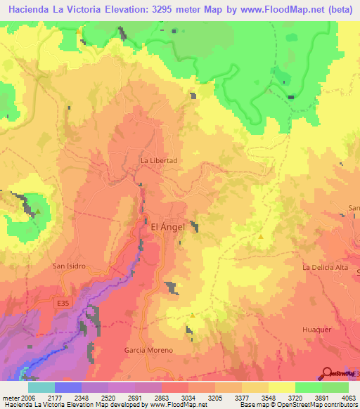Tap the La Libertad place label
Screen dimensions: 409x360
point(159,160)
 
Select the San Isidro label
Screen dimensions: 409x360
point(69,266)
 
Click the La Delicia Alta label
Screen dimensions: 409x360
point(325,268)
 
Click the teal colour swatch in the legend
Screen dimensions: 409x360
point(41,387)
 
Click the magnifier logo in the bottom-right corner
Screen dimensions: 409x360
point(326,374)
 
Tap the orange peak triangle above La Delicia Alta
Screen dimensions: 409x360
point(262,237)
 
